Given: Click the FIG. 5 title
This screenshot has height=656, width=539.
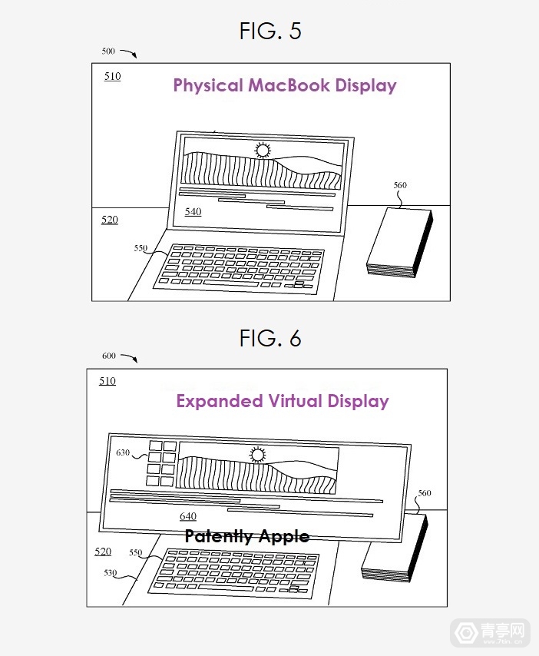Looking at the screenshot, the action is point(269,31).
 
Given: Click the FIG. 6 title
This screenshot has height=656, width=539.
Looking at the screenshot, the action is point(269,338).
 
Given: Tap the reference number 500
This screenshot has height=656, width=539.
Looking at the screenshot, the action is point(108,51).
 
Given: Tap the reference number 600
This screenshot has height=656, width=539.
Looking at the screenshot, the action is point(108,356).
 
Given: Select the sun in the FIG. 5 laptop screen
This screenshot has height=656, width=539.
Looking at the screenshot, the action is point(263,151).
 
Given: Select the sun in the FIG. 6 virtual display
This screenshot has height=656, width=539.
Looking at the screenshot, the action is point(256,456).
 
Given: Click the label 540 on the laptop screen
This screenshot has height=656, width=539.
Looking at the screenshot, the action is point(193,211).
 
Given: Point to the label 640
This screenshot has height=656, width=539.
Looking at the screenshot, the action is point(188,516).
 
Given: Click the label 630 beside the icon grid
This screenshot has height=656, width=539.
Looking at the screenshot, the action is point(123,452).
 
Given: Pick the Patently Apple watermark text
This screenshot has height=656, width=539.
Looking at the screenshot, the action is point(246,536).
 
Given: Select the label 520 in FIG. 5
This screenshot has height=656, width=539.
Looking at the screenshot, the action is point(110,220).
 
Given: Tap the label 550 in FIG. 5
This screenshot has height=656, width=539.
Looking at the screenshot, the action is point(141,248).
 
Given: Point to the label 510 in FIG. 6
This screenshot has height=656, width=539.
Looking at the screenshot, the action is point(107,381).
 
